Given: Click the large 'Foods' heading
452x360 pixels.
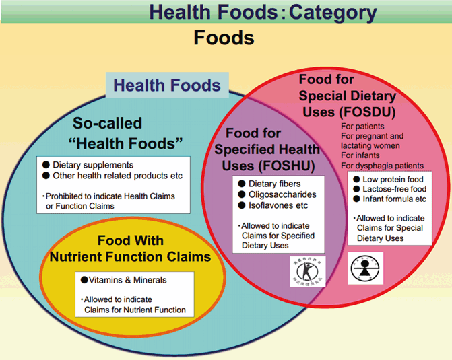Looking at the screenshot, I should click(224, 38).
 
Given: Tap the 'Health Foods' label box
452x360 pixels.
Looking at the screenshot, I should click(166, 85).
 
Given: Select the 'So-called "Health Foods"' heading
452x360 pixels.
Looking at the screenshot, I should click(128, 133).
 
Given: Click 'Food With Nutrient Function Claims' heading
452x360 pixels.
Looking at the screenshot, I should click(130, 249).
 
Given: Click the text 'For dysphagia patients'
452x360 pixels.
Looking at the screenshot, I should click(382, 166).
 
